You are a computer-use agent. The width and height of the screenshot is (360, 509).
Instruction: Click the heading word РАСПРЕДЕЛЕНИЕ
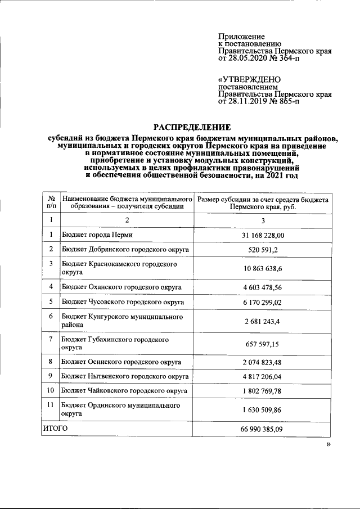pyautogui.click(x=193, y=127)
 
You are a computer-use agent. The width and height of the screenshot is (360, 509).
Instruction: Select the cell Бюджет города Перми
pyautogui.click(x=97, y=235)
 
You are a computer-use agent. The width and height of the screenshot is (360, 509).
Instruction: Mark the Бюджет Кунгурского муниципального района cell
pyautogui.click(x=123, y=321)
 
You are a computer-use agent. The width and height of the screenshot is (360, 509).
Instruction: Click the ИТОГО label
pyautogui.click(x=55, y=429)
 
